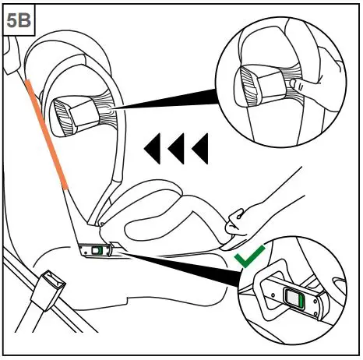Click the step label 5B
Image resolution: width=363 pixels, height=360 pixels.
(x=18, y=19)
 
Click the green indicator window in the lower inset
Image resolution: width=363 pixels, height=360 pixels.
(x=296, y=299)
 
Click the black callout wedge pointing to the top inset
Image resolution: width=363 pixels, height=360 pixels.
(x=171, y=104)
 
